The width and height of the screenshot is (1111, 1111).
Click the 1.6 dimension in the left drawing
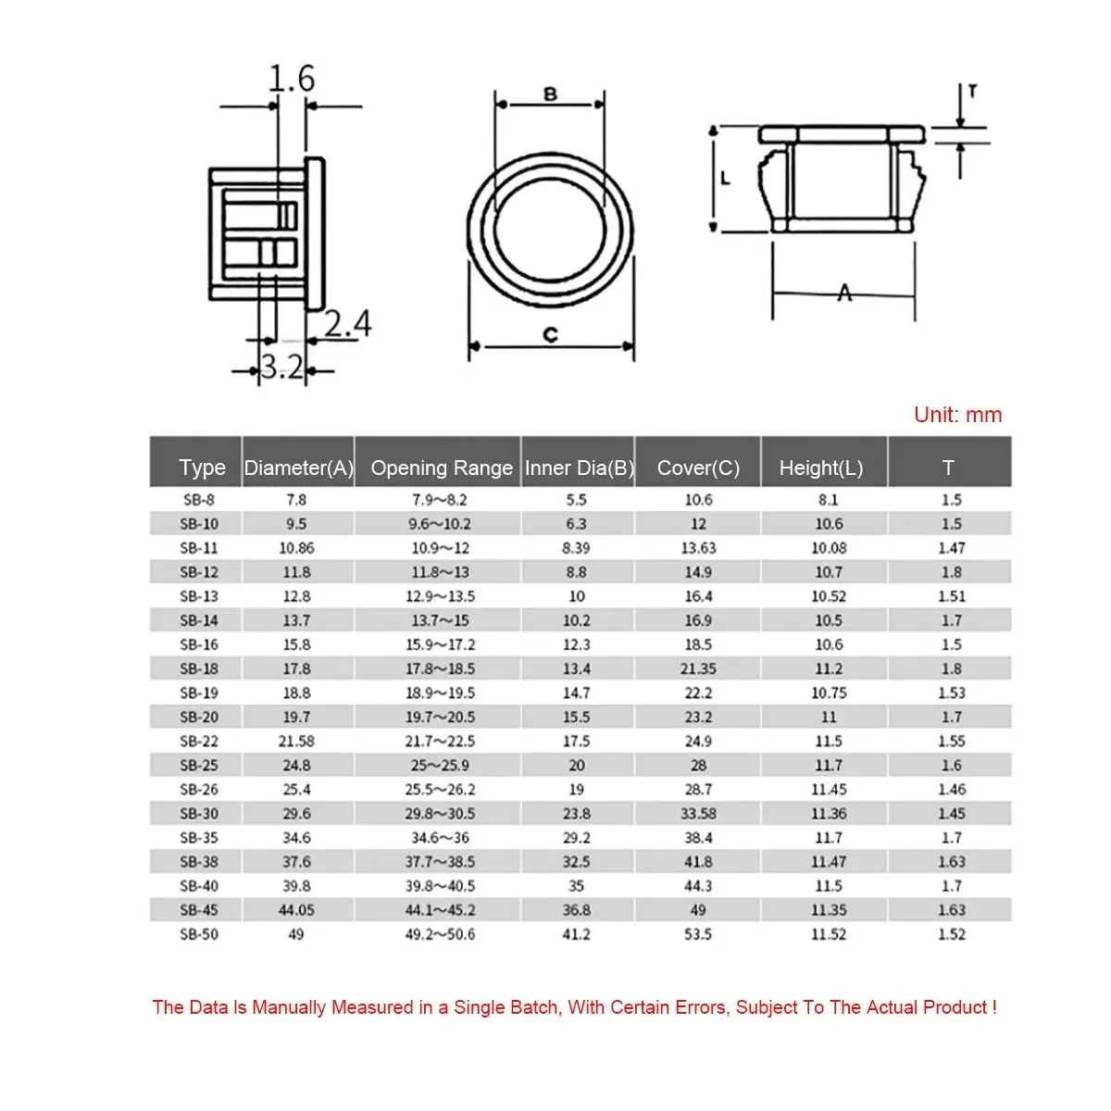tap(292, 79)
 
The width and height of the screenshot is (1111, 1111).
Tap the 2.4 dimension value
tap(348, 323)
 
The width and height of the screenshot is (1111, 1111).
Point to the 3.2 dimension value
tap(281, 368)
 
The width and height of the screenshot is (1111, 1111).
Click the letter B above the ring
tap(550, 94)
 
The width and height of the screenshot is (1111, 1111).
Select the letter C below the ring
tap(550, 335)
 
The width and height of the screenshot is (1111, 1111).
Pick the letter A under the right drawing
tap(844, 293)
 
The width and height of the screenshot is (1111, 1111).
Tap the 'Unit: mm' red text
tap(957, 415)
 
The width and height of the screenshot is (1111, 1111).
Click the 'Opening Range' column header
tap(441, 468)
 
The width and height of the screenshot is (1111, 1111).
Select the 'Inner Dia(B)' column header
tap(579, 468)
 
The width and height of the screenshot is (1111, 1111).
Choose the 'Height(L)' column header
tap(820, 468)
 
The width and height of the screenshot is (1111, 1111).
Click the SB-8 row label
tap(199, 500)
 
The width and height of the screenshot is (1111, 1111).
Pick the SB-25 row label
tap(199, 766)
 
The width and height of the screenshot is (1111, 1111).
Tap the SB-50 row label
tap(199, 934)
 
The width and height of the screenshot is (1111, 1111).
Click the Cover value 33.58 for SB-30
tap(698, 814)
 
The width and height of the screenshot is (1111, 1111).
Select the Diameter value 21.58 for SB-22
tap(296, 742)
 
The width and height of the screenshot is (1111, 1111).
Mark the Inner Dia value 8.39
tap(576, 548)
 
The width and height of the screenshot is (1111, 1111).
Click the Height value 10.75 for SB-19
tap(828, 693)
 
